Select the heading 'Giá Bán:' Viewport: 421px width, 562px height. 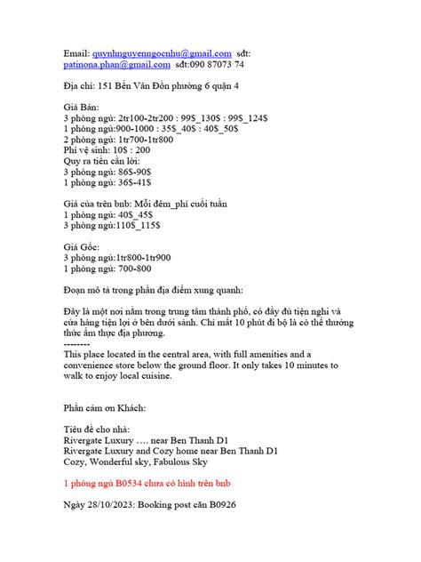pyautogui.click(x=83, y=107)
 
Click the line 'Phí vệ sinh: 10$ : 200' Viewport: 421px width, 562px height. pyautogui.click(x=107, y=149)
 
